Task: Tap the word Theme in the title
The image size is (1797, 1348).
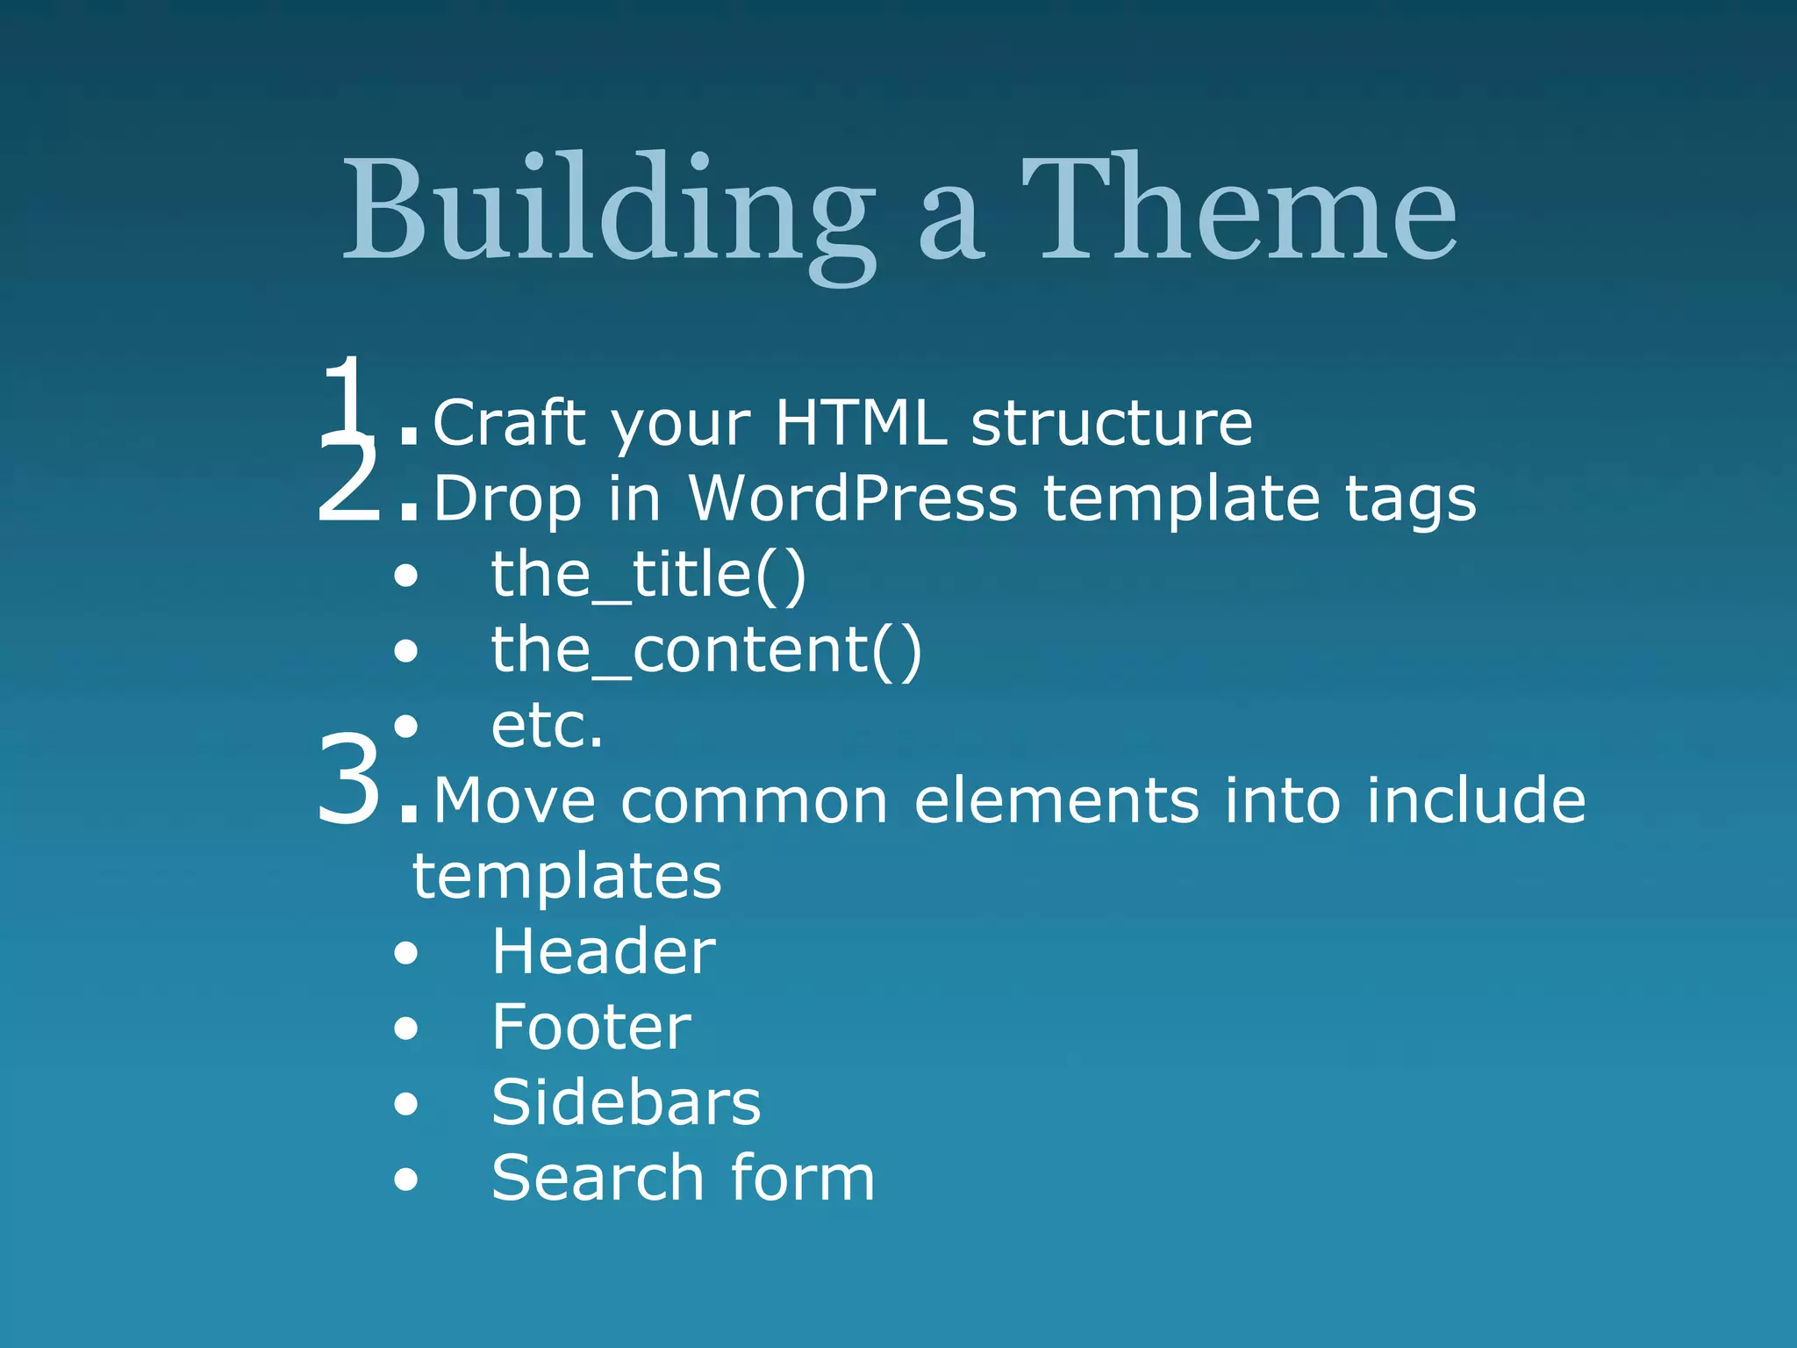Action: click(1237, 211)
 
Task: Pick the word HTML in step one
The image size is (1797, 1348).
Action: click(861, 423)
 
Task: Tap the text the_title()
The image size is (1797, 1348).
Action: click(648, 575)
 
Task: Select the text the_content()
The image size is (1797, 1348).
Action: click(705, 650)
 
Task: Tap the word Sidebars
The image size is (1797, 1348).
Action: click(626, 1103)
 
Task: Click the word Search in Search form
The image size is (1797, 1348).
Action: click(598, 1179)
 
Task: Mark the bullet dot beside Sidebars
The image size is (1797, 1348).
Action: click(406, 1104)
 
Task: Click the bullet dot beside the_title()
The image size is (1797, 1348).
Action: click(406, 577)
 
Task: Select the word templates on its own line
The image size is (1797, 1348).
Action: click(567, 877)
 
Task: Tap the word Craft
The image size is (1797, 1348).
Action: click(509, 423)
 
